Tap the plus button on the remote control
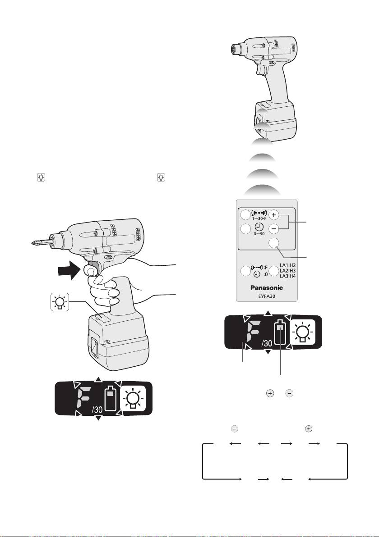click(x=273, y=215)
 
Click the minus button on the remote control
click(x=273, y=228)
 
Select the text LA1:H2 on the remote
click(x=287, y=265)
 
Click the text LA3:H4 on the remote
click(x=287, y=276)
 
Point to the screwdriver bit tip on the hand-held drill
click(x=31, y=244)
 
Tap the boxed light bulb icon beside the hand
click(x=60, y=302)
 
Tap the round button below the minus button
click(x=273, y=242)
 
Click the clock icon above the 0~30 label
click(x=259, y=227)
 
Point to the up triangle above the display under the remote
click(x=268, y=313)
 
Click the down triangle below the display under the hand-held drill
click(x=98, y=419)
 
